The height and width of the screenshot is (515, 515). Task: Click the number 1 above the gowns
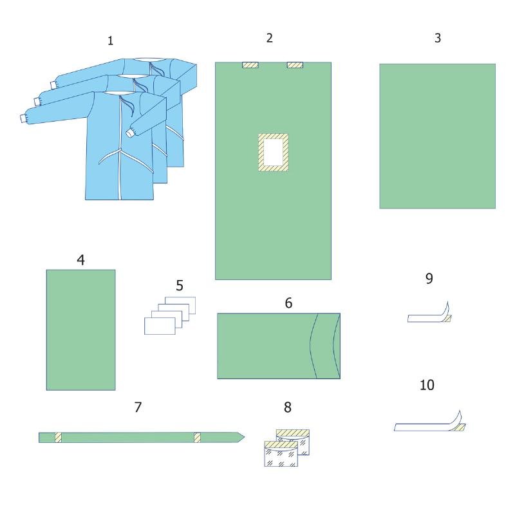pyautogui.click(x=110, y=41)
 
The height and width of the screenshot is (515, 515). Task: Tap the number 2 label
pyautogui.click(x=269, y=38)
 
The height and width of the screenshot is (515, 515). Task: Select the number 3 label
pyautogui.click(x=438, y=38)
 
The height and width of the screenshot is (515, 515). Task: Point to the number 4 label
pyautogui.click(x=81, y=260)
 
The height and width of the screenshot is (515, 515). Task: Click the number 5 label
pyautogui.click(x=180, y=285)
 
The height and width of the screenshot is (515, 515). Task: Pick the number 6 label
pyautogui.click(x=288, y=303)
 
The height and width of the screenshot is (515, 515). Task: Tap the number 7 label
pyautogui.click(x=138, y=407)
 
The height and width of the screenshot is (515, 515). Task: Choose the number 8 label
pyautogui.click(x=287, y=407)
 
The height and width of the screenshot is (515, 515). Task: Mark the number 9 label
pyautogui.click(x=429, y=279)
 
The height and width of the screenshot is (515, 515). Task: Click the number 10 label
pyautogui.click(x=427, y=385)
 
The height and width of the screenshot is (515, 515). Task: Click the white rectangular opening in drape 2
pyautogui.click(x=273, y=152)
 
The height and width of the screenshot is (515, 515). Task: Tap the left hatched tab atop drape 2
pyautogui.click(x=250, y=65)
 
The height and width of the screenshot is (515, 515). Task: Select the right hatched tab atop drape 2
pyautogui.click(x=295, y=65)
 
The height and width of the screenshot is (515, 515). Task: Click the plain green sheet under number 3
pyautogui.click(x=438, y=136)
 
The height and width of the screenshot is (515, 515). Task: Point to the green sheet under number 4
pyautogui.click(x=81, y=330)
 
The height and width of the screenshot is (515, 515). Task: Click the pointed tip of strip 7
pyautogui.click(x=245, y=437)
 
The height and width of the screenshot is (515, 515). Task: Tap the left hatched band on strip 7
pyautogui.click(x=58, y=438)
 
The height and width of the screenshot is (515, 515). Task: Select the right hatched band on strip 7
pyautogui.click(x=197, y=438)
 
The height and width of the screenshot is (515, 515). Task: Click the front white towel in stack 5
pyautogui.click(x=160, y=326)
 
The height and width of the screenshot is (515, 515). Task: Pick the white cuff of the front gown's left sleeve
pyautogui.click(x=23, y=118)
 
